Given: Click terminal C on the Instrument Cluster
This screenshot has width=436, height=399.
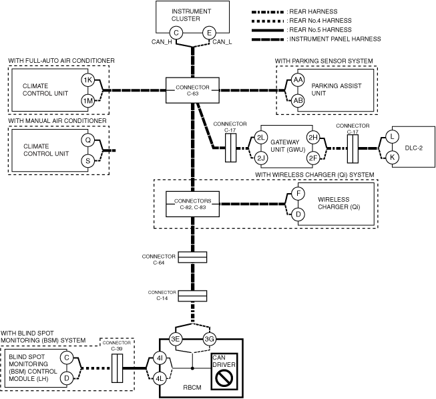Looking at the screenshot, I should pos(176,33).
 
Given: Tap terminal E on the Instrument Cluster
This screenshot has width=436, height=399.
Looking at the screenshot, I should pos(208,33).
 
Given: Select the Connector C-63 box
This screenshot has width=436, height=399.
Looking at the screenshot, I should pos(192,90).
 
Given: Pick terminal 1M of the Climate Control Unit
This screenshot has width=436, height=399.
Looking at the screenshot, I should pos(87,100).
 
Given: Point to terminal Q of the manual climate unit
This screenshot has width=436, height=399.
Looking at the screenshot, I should pos(87,140).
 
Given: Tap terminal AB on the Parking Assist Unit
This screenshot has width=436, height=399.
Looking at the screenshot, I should pos(298,100).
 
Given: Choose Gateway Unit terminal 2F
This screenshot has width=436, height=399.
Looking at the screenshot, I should pos(312,158).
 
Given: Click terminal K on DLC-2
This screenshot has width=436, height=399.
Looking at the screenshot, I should pos(393,157).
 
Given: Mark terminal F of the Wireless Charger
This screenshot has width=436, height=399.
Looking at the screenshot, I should pos(298,194).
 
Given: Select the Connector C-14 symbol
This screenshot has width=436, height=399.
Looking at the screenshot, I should pos(192,295).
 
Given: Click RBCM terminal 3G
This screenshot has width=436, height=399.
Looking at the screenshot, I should pos(209,339).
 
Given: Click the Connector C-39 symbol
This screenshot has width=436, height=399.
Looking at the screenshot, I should pos(117,368).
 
